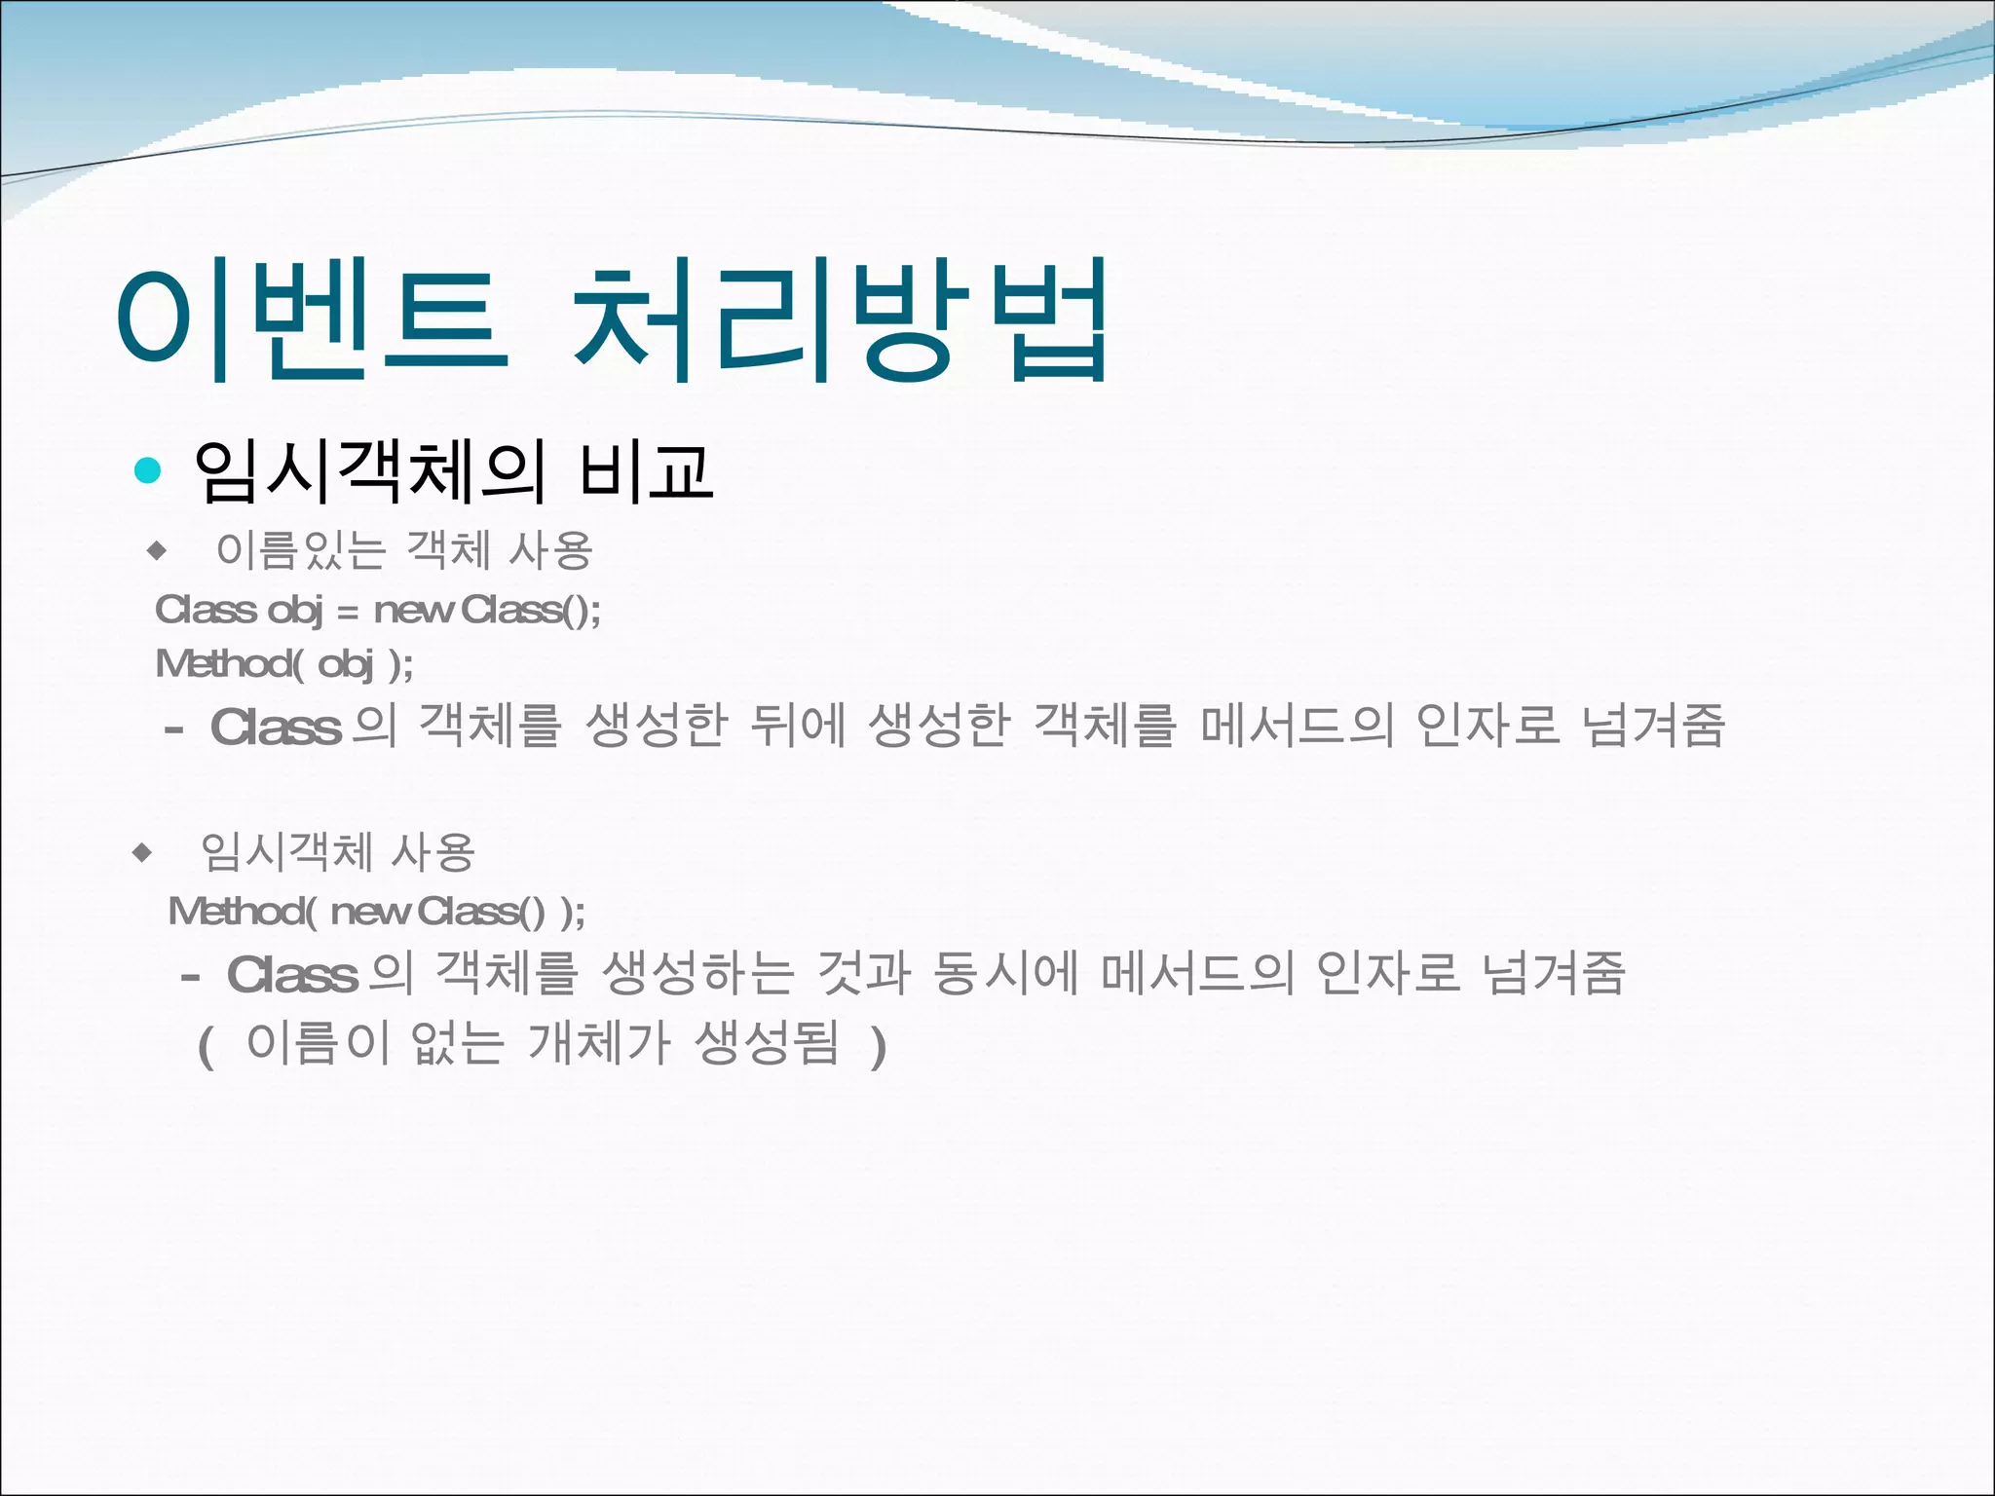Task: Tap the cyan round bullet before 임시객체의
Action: point(147,470)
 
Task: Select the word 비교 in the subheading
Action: point(646,472)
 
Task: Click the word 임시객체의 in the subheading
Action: point(369,472)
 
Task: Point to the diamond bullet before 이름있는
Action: point(157,551)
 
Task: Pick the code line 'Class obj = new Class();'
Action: point(378,611)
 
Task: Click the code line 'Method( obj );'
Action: point(284,664)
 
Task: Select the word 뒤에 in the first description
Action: point(797,726)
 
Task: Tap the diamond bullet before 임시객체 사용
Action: point(142,853)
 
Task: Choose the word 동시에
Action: point(1005,973)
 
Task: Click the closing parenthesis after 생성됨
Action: point(879,1047)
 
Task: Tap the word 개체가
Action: point(598,1043)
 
